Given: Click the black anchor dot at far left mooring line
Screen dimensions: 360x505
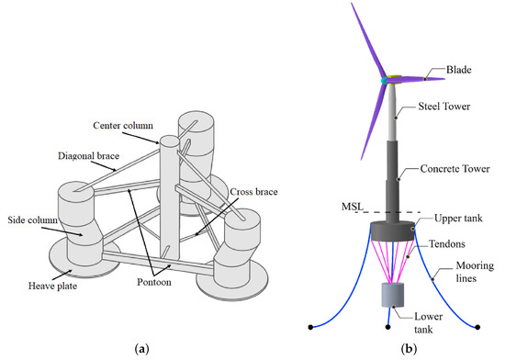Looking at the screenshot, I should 312,326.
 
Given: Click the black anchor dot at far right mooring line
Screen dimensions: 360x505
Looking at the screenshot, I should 482,326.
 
